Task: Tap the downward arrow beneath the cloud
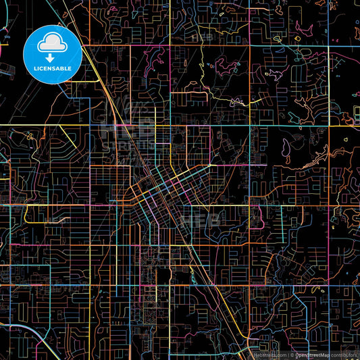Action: click(52, 58)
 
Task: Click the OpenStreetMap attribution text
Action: click(312, 354)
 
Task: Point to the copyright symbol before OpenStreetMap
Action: click(292, 354)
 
